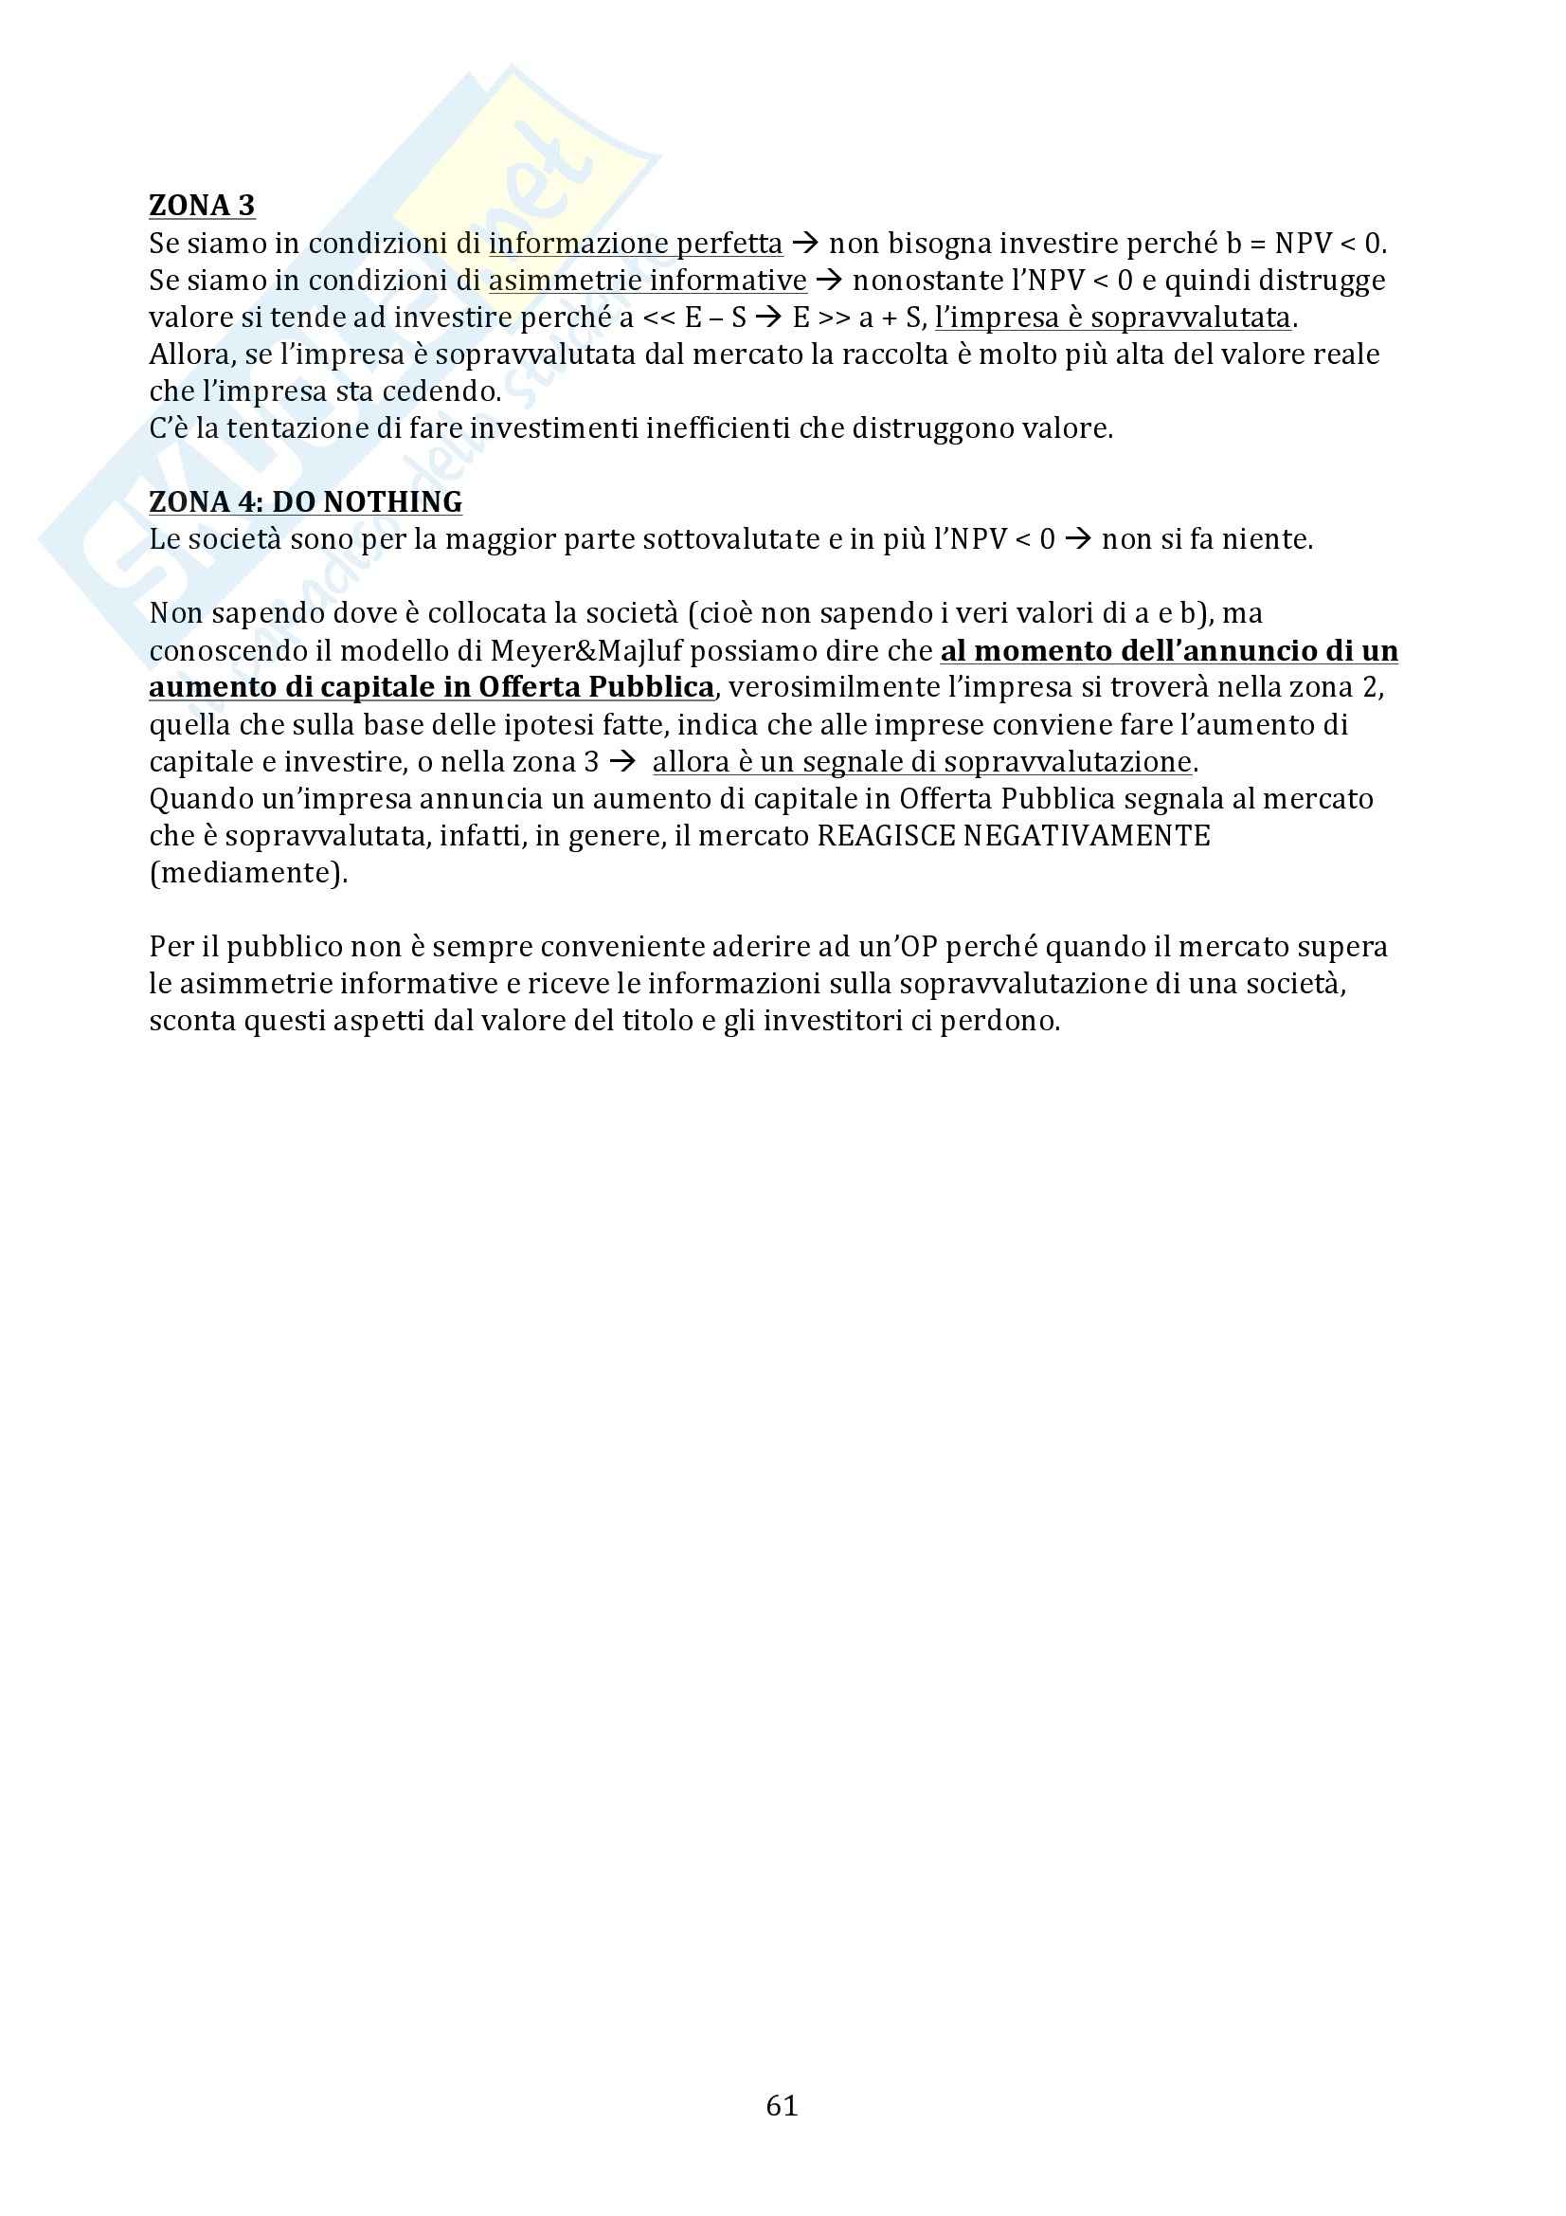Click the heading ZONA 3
pyautogui.click(x=202, y=206)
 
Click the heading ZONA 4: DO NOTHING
pyautogui.click(x=305, y=502)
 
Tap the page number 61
pyautogui.click(x=782, y=2105)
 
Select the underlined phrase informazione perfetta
pyautogui.click(x=635, y=244)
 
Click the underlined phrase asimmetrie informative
pyautogui.click(x=647, y=280)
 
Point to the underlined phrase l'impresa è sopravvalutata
pyautogui.click(x=1112, y=318)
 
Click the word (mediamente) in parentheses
pyautogui.click(x=248, y=874)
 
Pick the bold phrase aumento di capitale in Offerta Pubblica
pyautogui.click(x=431, y=687)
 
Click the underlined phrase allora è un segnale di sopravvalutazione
pyautogui.click(x=922, y=762)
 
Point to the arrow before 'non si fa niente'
pyautogui.click(x=1078, y=539)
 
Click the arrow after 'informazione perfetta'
pyautogui.click(x=804, y=244)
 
